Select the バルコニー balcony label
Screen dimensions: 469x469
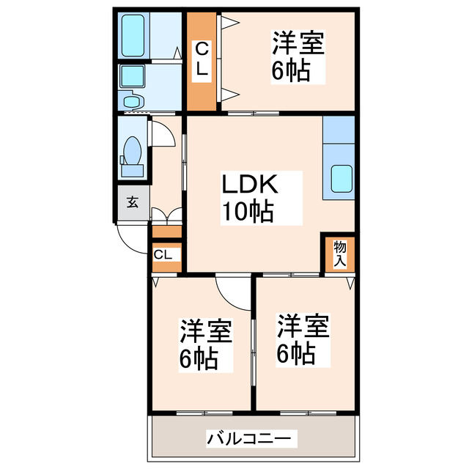coord(252,439)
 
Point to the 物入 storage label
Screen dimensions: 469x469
coord(340,253)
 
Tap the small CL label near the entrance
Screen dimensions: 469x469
coord(164,255)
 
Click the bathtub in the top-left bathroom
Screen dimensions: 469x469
coord(134,35)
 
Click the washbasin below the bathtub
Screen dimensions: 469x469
coord(132,81)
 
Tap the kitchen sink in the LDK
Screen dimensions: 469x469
coord(341,179)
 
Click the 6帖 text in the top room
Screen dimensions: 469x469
coord(290,72)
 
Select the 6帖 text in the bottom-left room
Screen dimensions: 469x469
coord(199,360)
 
